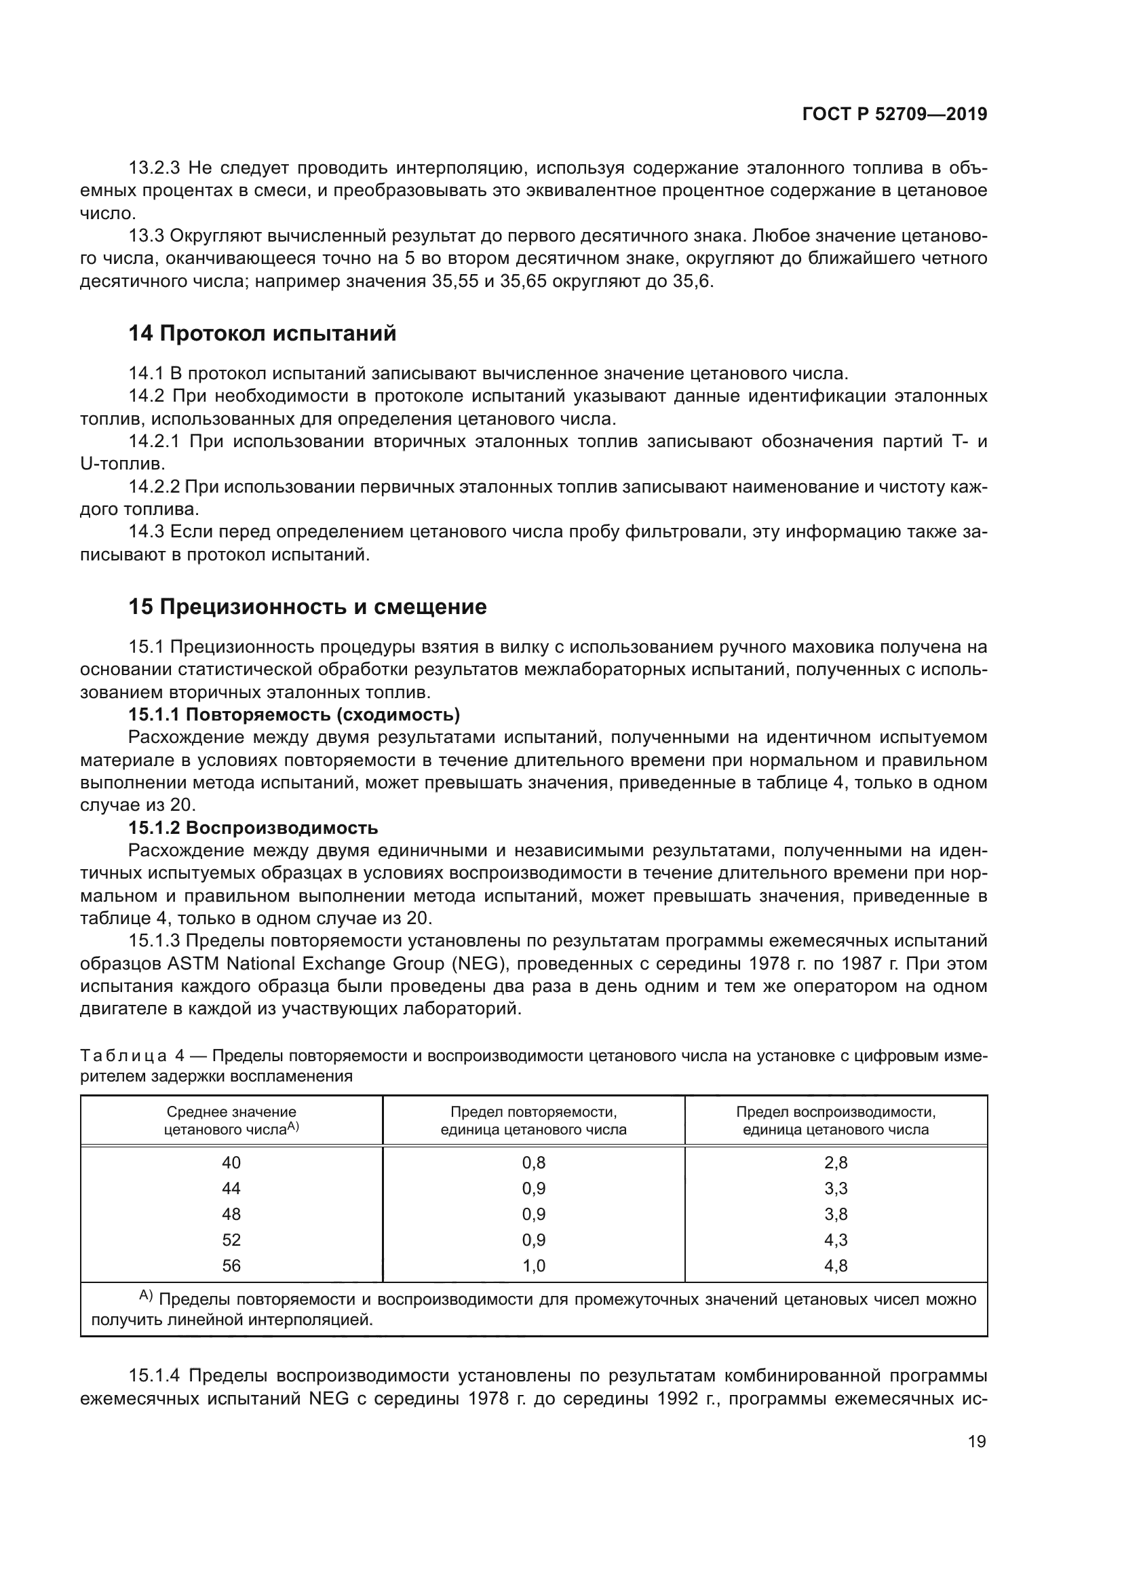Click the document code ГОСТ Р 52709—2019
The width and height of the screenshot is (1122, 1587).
pyautogui.click(x=894, y=115)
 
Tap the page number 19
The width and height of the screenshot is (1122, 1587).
pyautogui.click(x=977, y=1442)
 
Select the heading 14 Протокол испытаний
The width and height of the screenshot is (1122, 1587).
pyautogui.click(x=263, y=334)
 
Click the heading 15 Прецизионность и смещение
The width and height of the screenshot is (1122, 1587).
pyautogui.click(x=307, y=607)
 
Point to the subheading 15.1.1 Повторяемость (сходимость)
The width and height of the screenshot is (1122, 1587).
pyautogui.click(x=294, y=714)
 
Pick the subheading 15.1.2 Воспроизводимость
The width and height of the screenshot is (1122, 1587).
pyautogui.click(x=253, y=828)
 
